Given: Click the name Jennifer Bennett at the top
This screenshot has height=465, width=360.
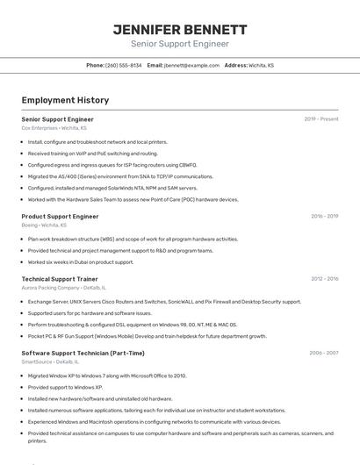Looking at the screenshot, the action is (180, 29).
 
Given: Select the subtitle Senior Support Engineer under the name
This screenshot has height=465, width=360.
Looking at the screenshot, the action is (180, 44).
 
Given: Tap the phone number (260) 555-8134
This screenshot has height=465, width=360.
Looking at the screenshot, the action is (123, 66).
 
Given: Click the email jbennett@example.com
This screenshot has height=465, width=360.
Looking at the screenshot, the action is (191, 66).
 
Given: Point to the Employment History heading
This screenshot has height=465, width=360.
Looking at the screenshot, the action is (65, 101).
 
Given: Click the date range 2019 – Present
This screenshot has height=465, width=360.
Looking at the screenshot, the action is (321, 119).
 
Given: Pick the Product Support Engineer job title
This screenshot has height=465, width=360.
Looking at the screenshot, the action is (60, 216).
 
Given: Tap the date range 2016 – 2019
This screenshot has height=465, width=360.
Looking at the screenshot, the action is (324, 216).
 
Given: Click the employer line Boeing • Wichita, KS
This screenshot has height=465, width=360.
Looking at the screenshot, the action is (45, 225).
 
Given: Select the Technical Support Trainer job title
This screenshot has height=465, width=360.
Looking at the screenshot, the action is (59, 279).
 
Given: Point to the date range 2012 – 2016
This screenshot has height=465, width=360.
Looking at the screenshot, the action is (324, 279).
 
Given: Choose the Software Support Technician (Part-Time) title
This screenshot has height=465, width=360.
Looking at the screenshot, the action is (83, 353).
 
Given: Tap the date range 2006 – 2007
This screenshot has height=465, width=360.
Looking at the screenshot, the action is (324, 353).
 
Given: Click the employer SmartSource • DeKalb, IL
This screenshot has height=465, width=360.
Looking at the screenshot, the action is (50, 361).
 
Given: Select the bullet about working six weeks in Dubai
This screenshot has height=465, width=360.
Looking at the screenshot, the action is (81, 261).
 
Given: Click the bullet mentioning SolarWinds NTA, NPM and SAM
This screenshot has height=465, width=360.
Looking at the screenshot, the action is (112, 188).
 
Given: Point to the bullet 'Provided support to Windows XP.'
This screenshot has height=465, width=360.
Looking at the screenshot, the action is (65, 387).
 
